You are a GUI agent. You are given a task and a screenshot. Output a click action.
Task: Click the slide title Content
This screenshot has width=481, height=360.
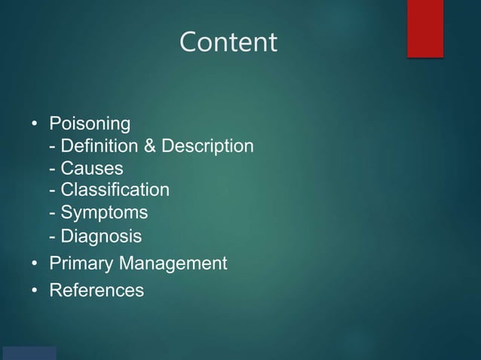pos(228,42)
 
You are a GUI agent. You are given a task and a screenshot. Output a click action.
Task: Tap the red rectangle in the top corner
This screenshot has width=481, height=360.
pos(425,28)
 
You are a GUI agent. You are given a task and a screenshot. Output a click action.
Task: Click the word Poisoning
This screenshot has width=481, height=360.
pos(90,123)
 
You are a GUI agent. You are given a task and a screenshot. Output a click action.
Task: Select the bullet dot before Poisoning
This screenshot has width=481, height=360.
pos(35,124)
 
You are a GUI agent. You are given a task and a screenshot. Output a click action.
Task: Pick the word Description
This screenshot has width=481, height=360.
pos(206,145)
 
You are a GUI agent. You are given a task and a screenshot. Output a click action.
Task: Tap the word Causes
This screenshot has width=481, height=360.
pos(91,167)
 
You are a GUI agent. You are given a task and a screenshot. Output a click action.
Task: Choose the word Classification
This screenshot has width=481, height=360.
pos(115,189)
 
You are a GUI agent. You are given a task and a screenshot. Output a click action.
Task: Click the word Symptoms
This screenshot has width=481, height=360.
pos(104,212)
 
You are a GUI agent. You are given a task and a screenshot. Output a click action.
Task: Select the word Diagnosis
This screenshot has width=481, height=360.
pos(101,236)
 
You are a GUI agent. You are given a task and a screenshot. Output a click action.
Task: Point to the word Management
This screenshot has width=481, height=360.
pos(173,264)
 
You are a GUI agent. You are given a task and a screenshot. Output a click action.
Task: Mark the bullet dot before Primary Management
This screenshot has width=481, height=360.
pos(35,264)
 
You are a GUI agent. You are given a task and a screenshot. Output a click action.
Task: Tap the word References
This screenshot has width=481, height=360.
pos(97,289)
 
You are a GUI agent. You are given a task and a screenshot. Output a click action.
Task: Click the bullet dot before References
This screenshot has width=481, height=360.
pos(35,289)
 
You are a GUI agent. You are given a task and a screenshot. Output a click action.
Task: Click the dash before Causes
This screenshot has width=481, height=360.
pos(52,168)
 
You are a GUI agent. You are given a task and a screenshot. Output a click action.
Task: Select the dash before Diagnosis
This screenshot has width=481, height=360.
pos(52,237)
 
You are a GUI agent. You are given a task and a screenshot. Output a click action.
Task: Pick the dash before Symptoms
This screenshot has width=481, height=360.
pos(52,213)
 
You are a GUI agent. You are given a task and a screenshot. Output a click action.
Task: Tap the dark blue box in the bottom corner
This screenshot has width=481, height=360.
pos(29,353)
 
